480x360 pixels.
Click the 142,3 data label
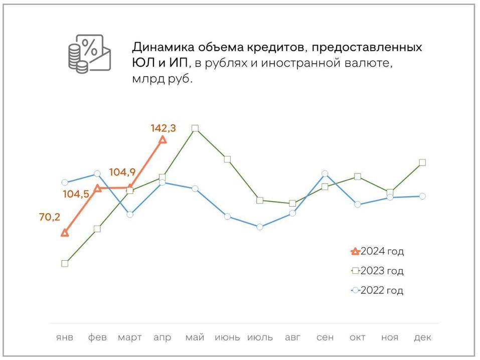163,128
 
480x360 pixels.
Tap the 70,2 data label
49,217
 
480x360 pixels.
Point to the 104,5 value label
76,194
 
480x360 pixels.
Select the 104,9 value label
122,172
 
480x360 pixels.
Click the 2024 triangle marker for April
163,139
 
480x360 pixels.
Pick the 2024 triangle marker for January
65,233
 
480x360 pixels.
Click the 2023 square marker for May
195,128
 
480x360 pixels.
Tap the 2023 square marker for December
422,162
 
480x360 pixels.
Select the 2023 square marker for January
65,263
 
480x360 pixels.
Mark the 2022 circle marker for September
325,173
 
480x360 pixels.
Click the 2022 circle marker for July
260,227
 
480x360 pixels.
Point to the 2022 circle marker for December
422,196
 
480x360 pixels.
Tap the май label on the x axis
195,337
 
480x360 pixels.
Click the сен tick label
325,337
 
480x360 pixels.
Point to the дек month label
422,337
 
